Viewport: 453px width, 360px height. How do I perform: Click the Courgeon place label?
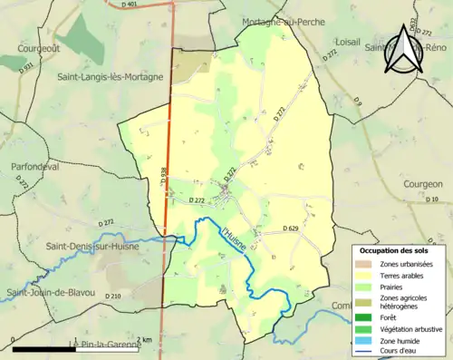pos(421,183)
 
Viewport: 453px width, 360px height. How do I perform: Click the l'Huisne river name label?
pos(233,240)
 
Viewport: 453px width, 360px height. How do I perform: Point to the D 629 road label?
pos(290,228)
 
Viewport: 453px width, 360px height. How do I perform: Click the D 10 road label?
pos(430,199)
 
